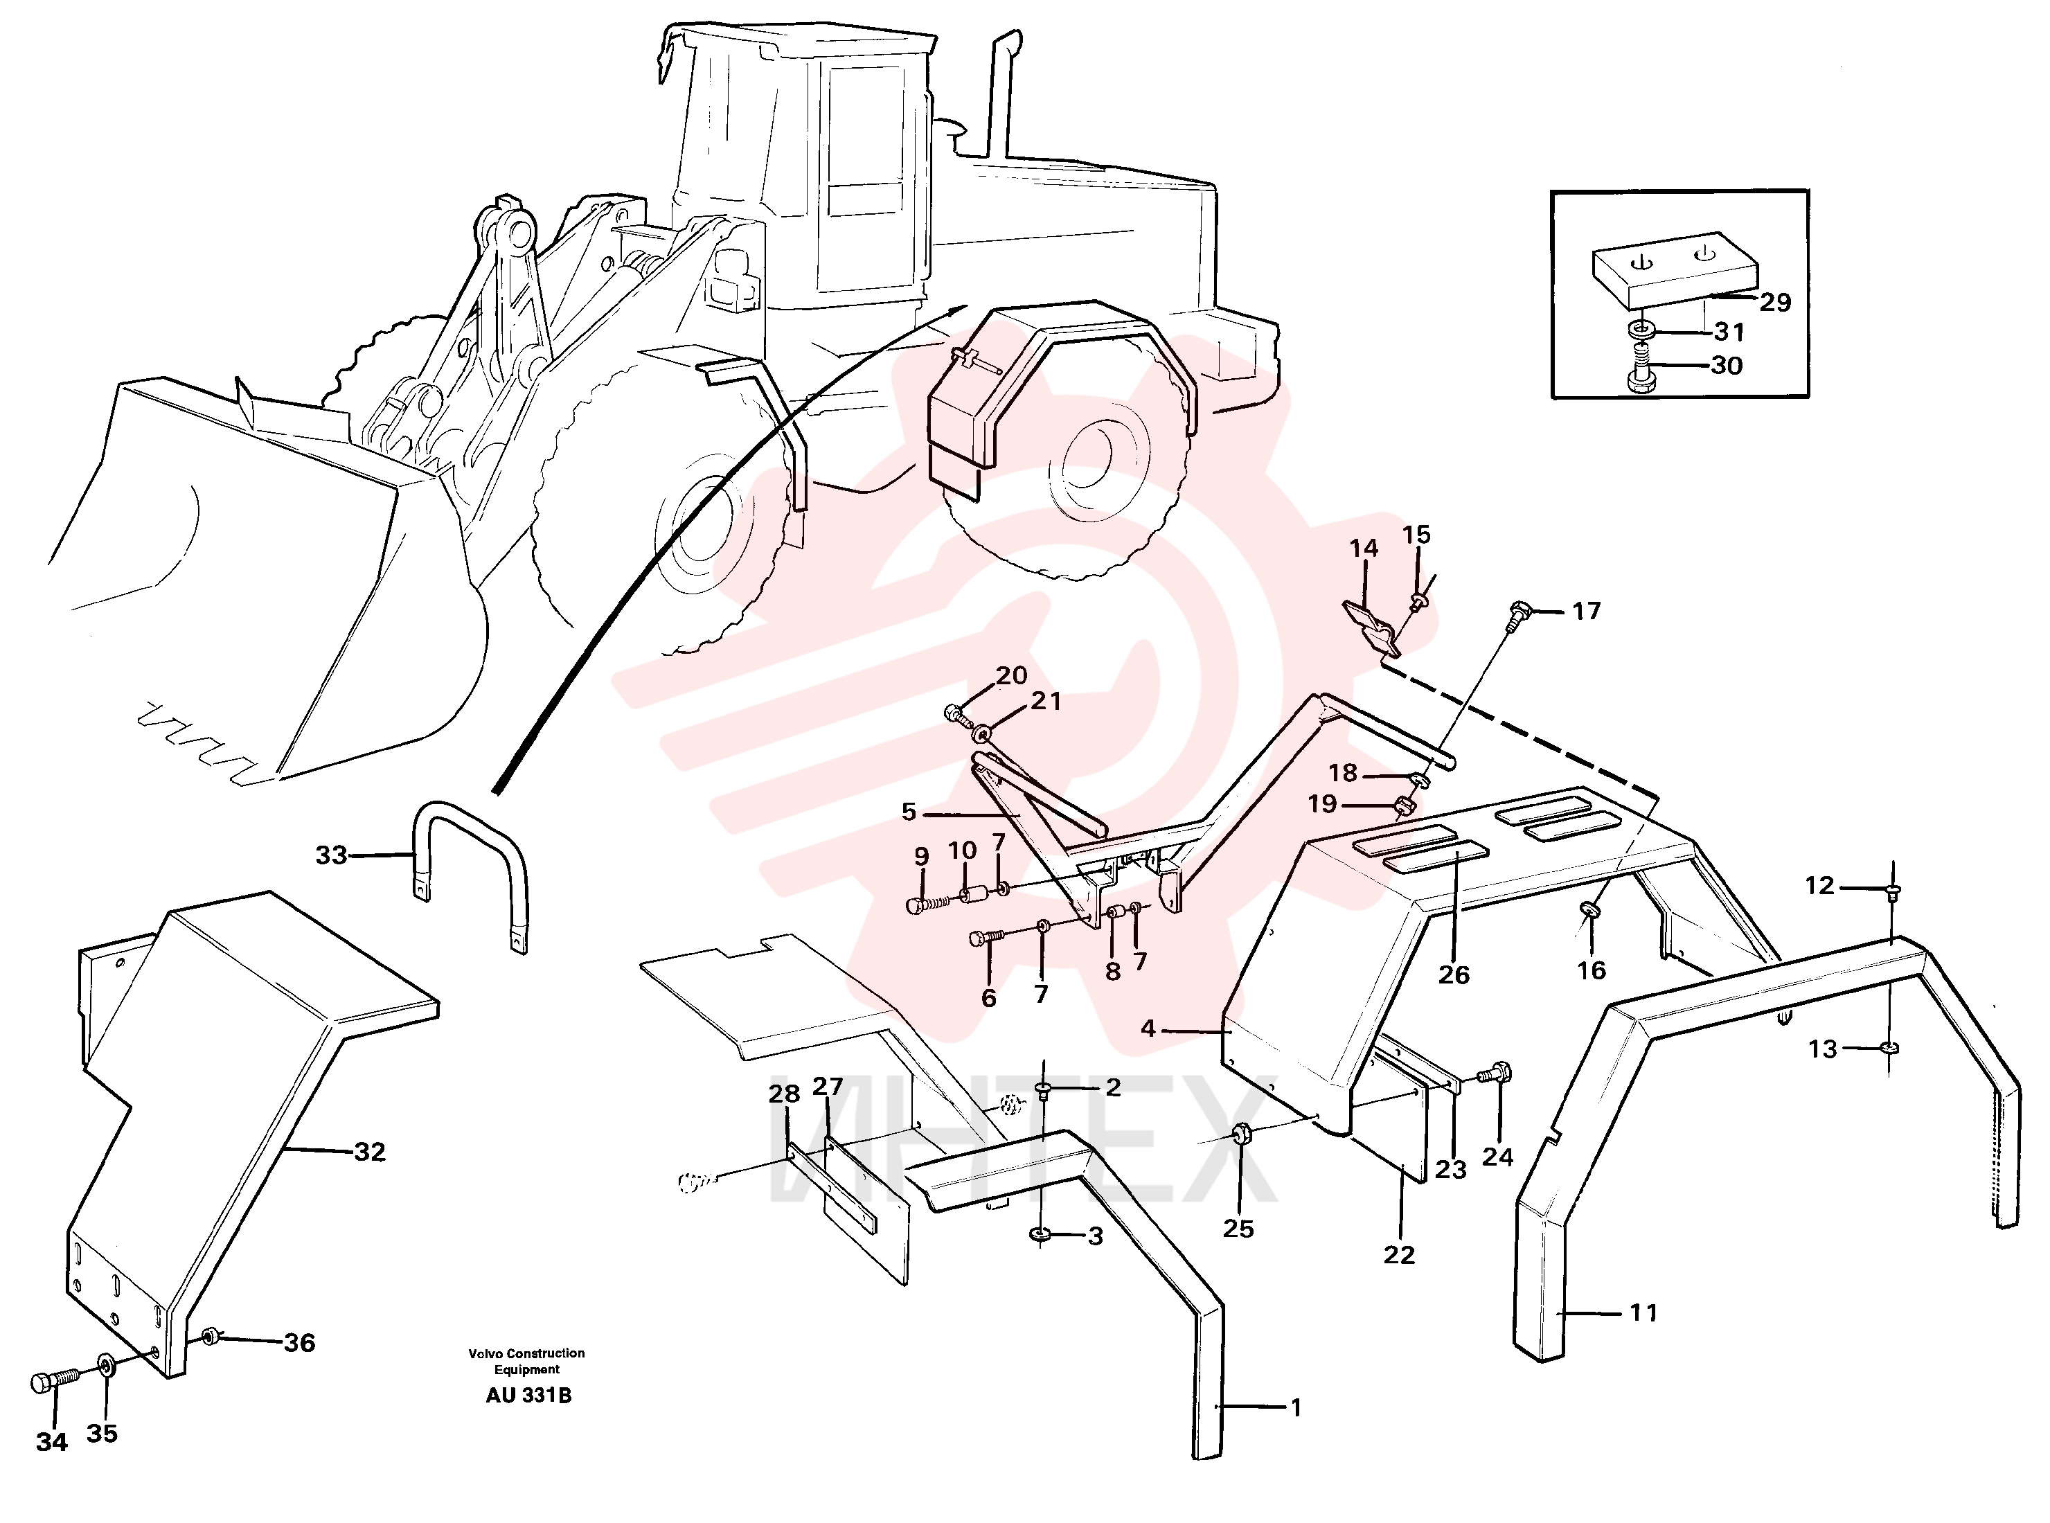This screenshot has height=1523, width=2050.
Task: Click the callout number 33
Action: click(x=331, y=855)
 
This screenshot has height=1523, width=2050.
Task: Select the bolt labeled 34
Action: click(x=55, y=1382)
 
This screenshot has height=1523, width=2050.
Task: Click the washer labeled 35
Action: click(x=106, y=1364)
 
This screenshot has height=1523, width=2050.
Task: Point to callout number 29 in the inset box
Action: click(x=1774, y=303)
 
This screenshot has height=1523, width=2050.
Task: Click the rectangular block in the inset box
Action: click(x=1674, y=271)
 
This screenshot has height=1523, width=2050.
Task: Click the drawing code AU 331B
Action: click(x=528, y=1396)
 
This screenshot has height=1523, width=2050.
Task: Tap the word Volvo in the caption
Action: click(x=485, y=1353)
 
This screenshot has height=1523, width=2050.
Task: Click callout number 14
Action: click(x=1363, y=548)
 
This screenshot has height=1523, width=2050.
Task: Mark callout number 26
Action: click(x=1454, y=974)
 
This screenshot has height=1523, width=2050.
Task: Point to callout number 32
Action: click(x=370, y=1152)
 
